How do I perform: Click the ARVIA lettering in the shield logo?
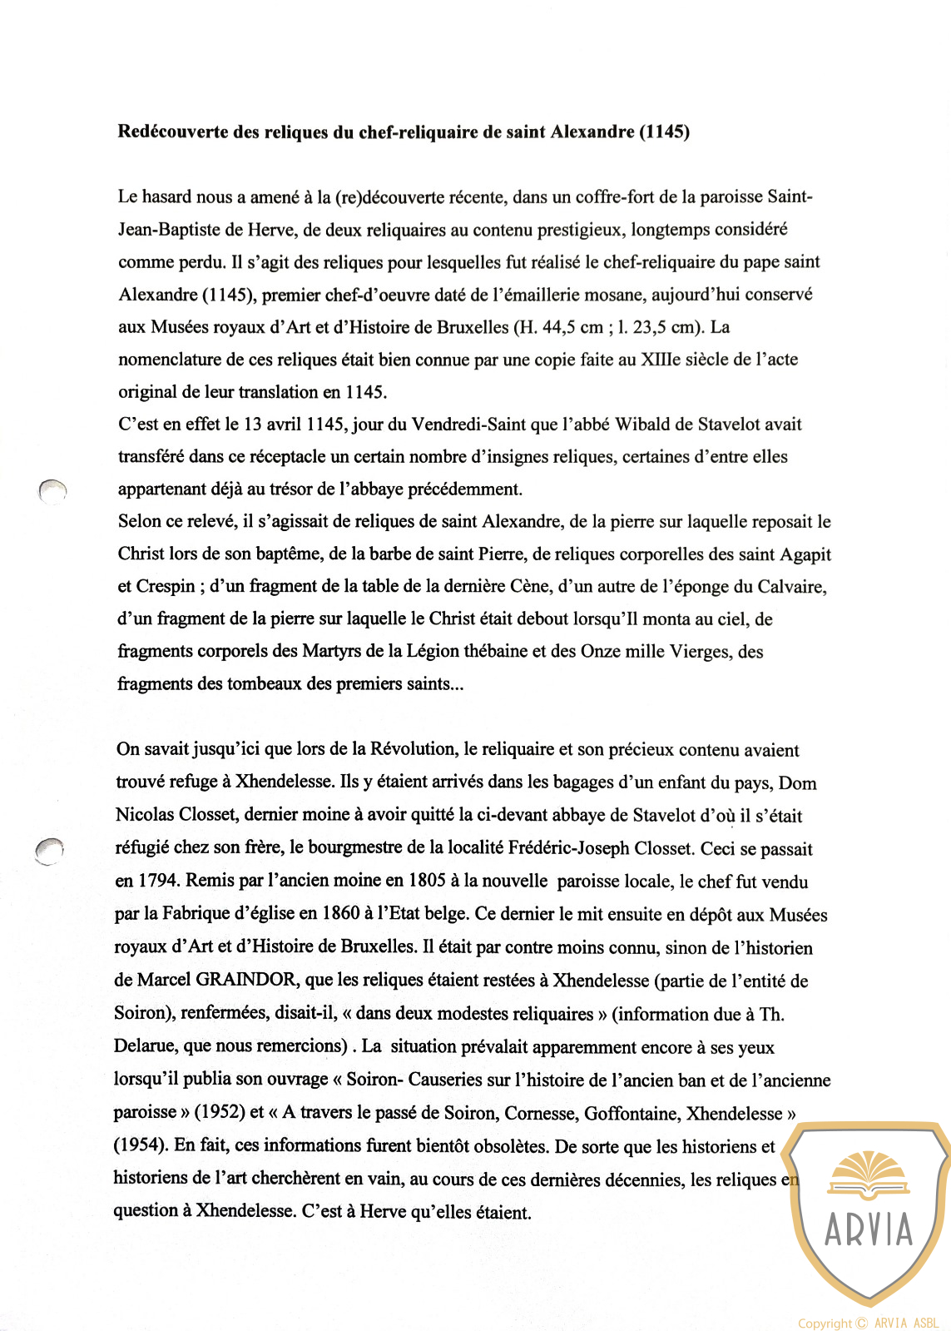[869, 1229]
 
